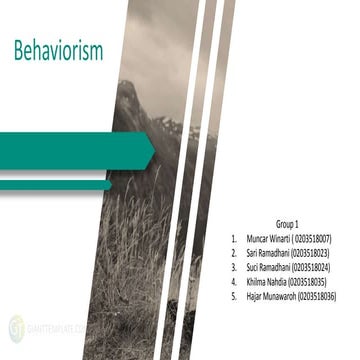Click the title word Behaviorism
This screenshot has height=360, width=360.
tap(58, 51)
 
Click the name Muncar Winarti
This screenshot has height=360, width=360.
tap(269, 240)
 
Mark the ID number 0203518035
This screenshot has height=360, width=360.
tap(307, 283)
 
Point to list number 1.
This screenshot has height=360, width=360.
tap(232, 240)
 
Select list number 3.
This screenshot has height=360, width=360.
tap(232, 268)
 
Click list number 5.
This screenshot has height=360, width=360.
tap(232, 297)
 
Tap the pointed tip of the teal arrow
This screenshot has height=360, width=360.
tap(155, 152)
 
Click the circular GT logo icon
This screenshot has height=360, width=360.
tap(16, 325)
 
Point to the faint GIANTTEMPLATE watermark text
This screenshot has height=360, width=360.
tap(50, 326)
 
